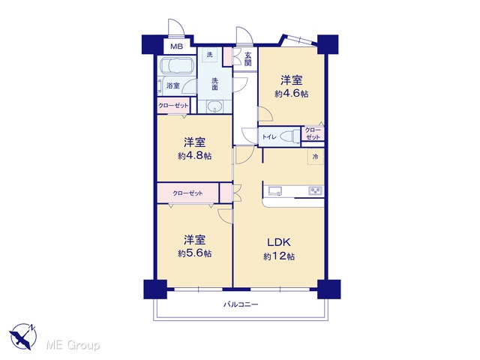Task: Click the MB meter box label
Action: click(177, 46)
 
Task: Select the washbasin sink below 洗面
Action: click(215, 106)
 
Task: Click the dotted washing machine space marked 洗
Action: click(209, 55)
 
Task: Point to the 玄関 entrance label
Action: click(248, 59)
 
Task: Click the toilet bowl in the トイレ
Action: click(291, 135)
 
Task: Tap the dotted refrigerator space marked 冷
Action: click(315, 157)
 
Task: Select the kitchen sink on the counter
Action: click(275, 191)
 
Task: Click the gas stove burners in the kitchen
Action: click(315, 191)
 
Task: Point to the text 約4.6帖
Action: click(292, 94)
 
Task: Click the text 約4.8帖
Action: click(195, 156)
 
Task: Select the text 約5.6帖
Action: click(195, 253)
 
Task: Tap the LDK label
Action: click(279, 242)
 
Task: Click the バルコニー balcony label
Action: click(241, 304)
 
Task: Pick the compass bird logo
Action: click(23, 336)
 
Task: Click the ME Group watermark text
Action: click(73, 345)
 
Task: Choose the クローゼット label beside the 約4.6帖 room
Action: click(313, 133)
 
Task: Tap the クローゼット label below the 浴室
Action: click(173, 106)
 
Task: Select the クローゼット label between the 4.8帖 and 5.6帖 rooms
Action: click(187, 193)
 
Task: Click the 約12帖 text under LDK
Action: click(279, 256)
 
